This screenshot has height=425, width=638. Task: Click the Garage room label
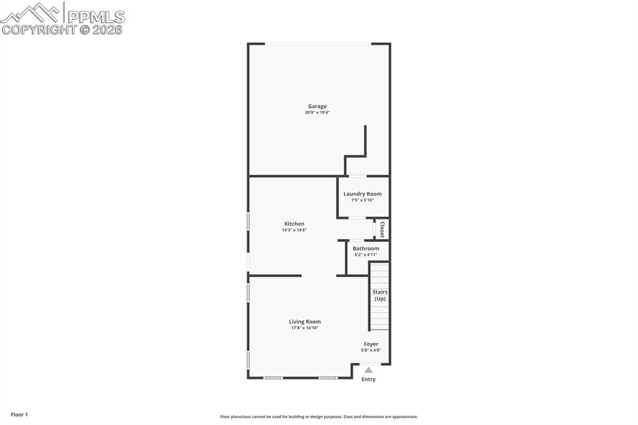pos(317,106)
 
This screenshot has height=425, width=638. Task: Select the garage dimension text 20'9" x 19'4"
pos(317,113)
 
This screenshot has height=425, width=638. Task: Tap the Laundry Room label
pos(363,194)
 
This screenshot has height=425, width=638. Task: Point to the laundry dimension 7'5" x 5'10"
pos(363,200)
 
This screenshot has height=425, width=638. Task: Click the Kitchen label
pos(294,224)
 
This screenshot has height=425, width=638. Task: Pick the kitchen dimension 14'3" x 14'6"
pos(294,230)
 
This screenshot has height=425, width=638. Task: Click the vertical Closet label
pos(382,229)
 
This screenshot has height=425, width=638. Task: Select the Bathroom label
pos(366,248)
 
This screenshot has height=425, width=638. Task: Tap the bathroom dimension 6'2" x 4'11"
pos(366,254)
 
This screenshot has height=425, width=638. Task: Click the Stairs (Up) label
pos(379,295)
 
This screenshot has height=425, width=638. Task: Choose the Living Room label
pos(305,322)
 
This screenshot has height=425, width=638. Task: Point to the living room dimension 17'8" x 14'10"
pos(305,328)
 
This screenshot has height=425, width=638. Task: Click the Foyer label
pos(371,344)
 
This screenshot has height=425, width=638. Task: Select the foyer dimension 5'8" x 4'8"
pos(371,350)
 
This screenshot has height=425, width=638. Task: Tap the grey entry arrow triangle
pos(368,370)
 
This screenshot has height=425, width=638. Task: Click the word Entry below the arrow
pos(368,379)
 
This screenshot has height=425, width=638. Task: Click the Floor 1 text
pos(19,414)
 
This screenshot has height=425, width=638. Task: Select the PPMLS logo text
pos(95,17)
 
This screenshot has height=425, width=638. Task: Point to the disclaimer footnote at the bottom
pos(318,417)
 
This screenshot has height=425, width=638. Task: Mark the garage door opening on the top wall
pos(318,44)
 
